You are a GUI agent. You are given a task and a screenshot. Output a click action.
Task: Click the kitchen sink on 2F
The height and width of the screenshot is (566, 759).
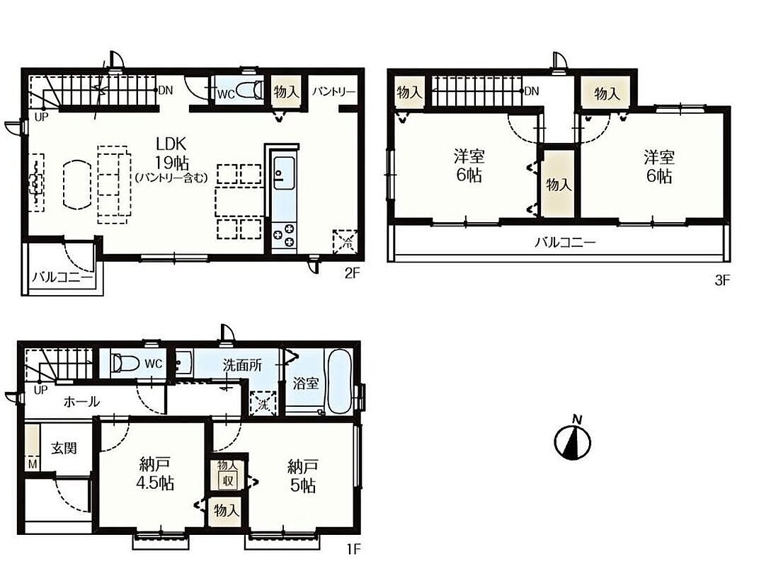[x=284, y=172]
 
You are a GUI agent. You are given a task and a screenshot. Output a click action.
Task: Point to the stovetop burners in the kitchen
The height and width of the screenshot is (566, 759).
[x=284, y=235]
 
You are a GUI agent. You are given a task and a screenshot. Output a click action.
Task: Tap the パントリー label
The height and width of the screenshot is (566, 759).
[x=333, y=91]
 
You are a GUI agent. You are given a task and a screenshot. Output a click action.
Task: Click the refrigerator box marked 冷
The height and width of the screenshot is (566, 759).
[x=346, y=241]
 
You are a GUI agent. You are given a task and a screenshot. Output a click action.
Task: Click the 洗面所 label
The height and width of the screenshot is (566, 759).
[x=242, y=365]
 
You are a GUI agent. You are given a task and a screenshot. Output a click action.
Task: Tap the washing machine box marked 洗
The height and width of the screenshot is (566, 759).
[x=263, y=403]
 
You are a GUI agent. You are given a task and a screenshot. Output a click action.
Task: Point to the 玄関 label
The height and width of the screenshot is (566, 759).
[x=64, y=448]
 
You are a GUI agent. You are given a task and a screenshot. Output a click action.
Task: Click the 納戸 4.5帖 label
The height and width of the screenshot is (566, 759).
[x=154, y=474]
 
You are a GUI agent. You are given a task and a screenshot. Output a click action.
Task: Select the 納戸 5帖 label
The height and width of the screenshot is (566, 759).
[x=302, y=476]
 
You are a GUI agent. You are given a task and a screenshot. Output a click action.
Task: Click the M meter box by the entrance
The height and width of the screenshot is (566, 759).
[x=32, y=464]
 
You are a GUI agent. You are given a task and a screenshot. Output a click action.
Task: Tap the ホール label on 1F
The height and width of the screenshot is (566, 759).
[x=81, y=401]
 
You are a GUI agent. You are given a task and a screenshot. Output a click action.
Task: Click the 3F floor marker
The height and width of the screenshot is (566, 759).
[x=721, y=280]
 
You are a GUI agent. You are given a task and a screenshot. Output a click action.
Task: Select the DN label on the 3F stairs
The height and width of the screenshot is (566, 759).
[x=531, y=91]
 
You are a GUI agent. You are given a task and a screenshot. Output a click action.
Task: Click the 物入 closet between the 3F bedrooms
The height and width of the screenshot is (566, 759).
[x=559, y=184]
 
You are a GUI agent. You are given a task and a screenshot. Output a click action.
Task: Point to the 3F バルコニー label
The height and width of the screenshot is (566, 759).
[x=565, y=243]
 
